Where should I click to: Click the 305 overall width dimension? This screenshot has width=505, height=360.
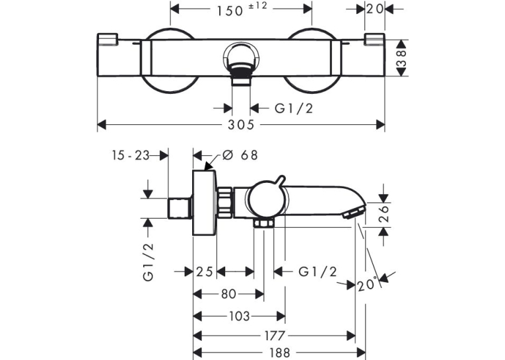coord(241,125)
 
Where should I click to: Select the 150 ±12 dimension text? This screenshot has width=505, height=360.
coord(242,9)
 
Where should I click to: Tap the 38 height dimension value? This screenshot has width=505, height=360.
coord(402,58)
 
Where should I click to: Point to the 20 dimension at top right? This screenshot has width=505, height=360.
coord(374,9)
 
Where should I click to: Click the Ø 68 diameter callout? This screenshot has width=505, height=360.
coord(240,155)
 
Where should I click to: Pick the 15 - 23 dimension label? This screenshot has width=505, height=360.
coord(131,156)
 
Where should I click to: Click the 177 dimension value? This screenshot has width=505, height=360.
coord(274,336)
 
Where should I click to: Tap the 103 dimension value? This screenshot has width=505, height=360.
coord(239,316)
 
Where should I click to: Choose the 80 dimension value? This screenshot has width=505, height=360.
coord(228,294)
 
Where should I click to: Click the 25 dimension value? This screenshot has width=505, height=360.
coord(205,271)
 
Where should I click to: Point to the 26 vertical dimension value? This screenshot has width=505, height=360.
coord(384,213)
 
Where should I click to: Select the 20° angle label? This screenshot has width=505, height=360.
coord(367,285)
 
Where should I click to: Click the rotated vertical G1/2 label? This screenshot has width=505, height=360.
coord(148,262)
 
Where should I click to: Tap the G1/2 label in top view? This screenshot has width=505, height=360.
coord(294,108)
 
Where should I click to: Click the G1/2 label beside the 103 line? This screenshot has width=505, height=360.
coord(318,271)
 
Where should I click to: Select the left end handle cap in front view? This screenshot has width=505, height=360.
coord(107,39)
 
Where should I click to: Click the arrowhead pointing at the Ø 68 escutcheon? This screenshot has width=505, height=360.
coord(210,166)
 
